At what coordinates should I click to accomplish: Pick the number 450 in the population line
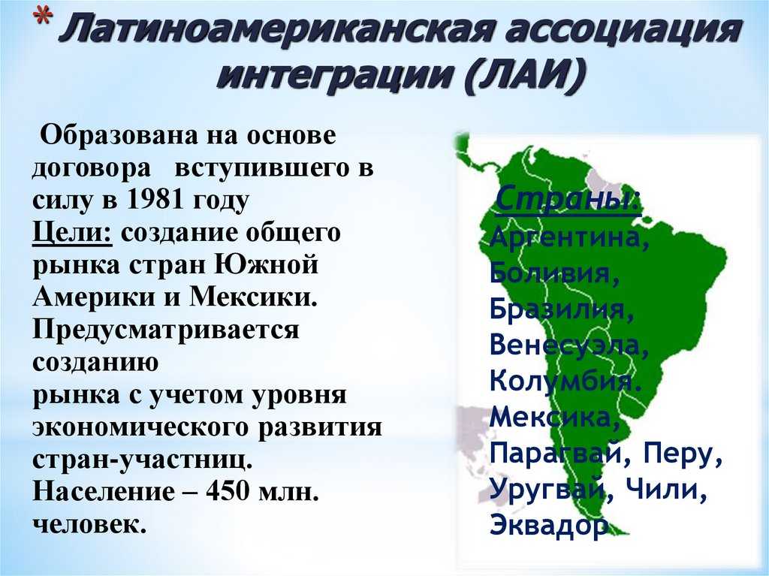click(x=227, y=491)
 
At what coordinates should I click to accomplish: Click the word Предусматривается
click(x=166, y=330)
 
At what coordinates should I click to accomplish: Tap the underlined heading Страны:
click(x=568, y=199)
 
